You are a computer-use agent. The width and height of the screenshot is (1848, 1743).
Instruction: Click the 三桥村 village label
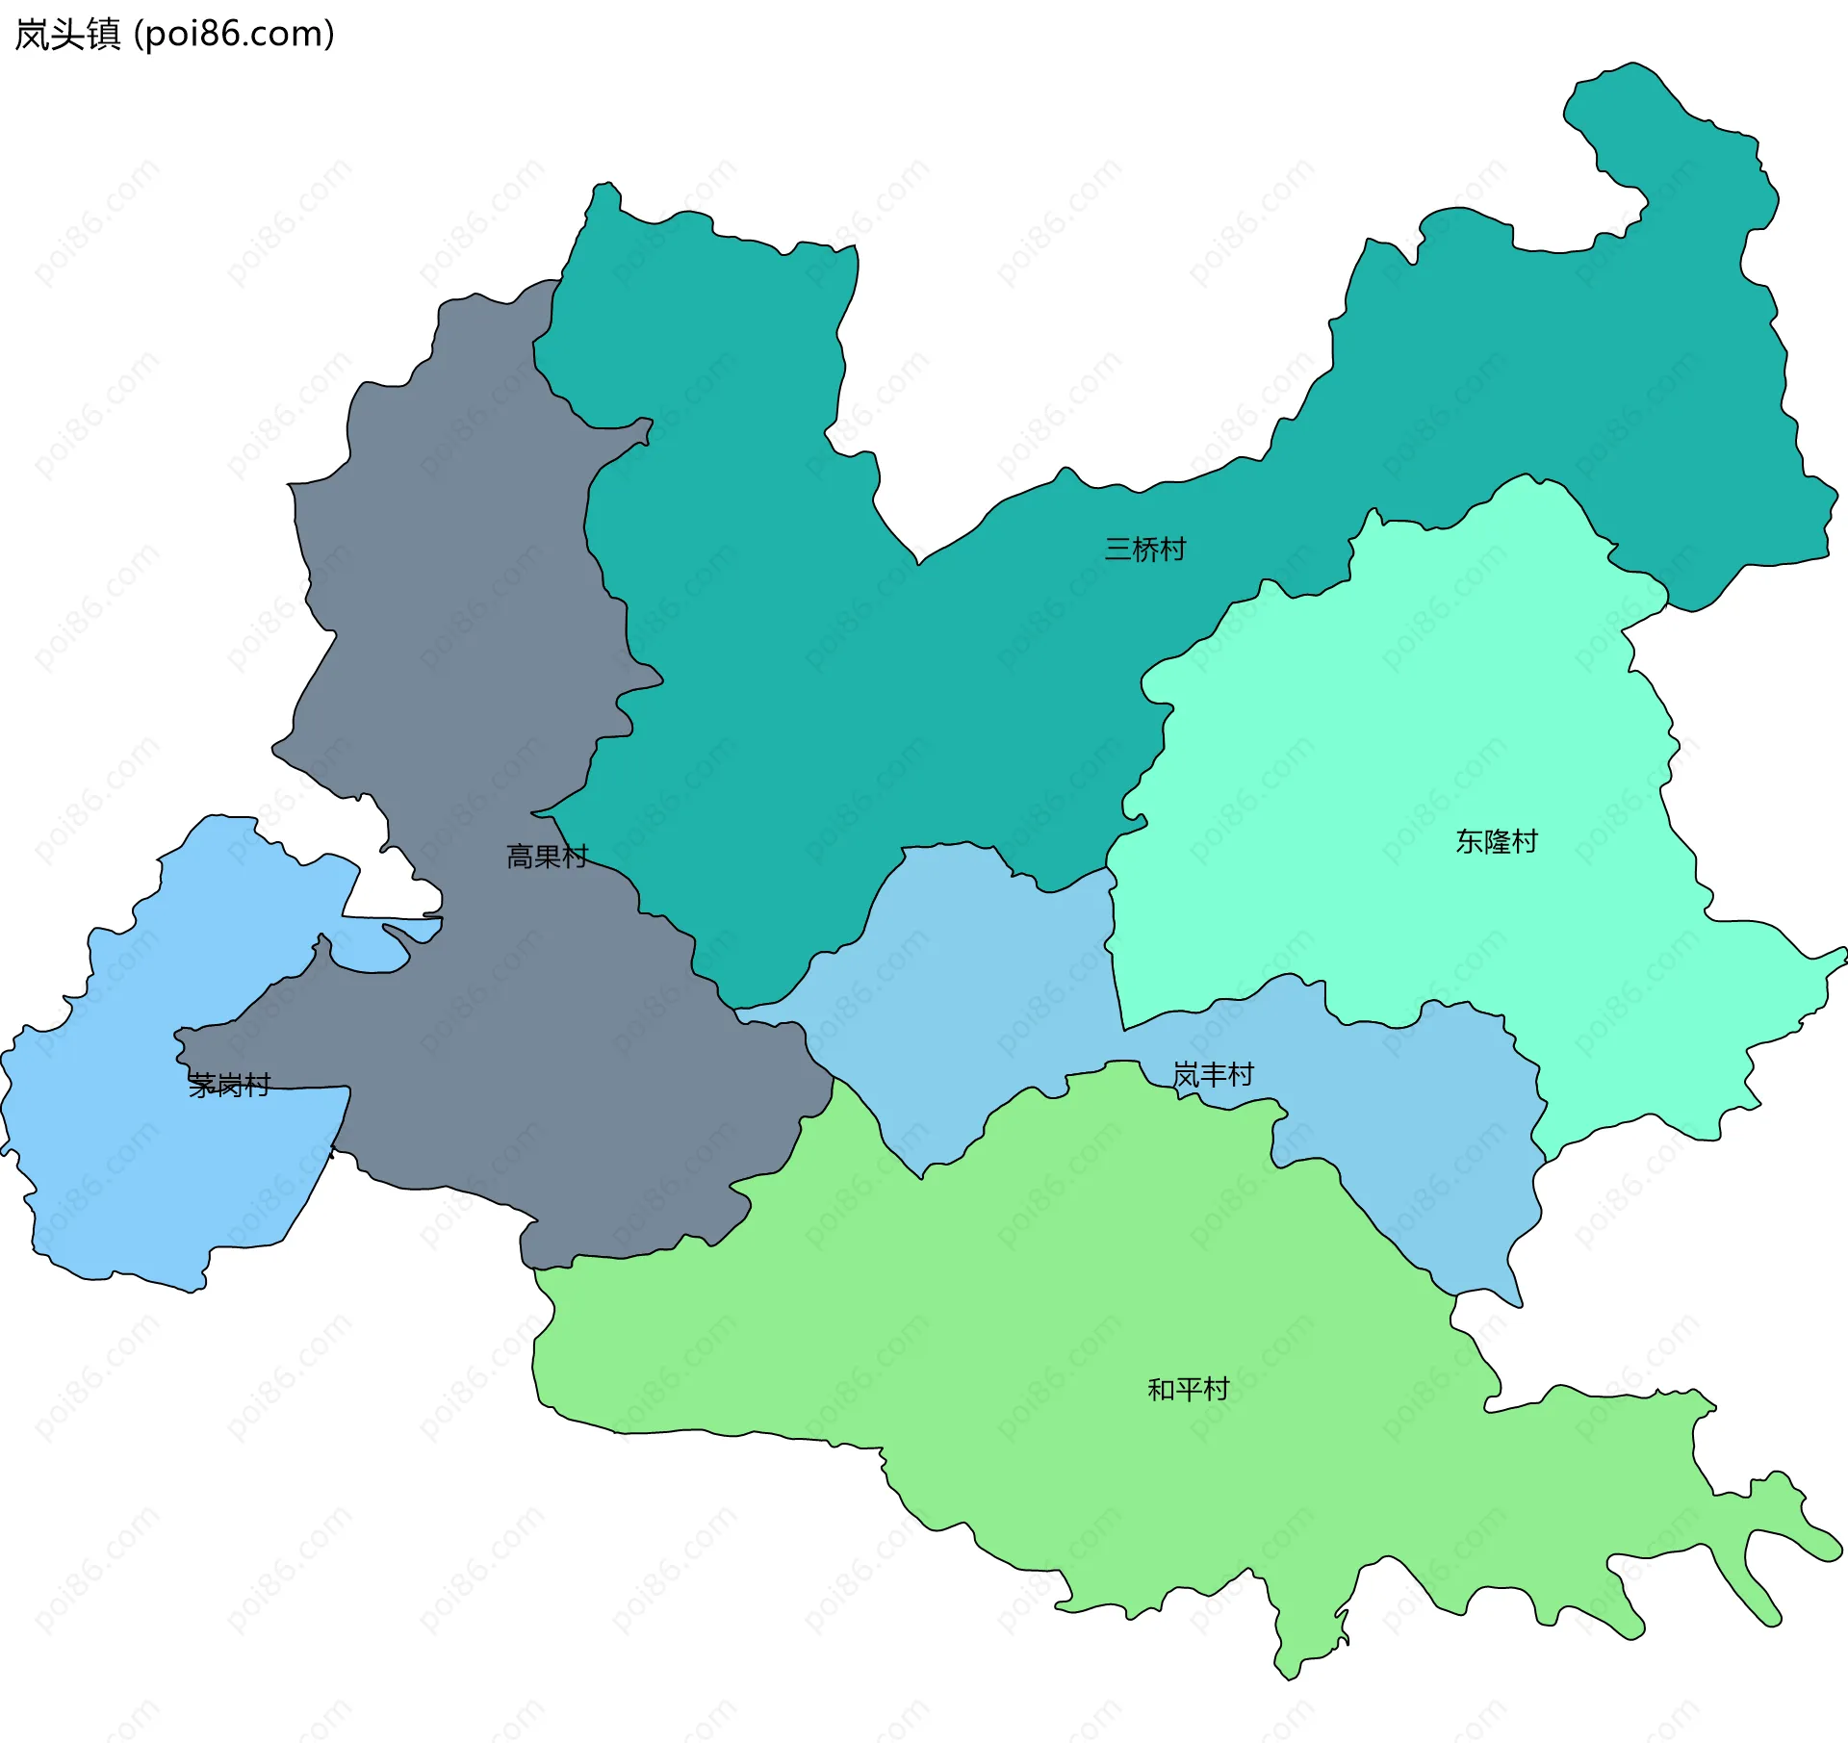click(1144, 550)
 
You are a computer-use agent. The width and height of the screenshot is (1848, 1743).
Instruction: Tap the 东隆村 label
click(1496, 842)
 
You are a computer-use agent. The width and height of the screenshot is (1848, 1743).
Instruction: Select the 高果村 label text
click(547, 857)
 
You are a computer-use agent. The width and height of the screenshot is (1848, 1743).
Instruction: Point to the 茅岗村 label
click(229, 1086)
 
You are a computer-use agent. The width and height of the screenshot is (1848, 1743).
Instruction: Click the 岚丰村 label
click(1213, 1075)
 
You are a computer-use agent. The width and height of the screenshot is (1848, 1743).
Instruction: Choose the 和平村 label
click(1188, 1390)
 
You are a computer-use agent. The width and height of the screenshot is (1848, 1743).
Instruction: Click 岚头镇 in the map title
click(67, 35)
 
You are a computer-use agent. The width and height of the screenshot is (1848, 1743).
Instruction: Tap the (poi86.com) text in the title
click(234, 35)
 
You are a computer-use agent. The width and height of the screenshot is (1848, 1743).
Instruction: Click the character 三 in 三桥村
click(1117, 550)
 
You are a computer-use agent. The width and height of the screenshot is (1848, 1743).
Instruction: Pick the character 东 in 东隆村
click(1469, 842)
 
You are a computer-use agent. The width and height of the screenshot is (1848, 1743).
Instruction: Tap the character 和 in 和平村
click(1161, 1390)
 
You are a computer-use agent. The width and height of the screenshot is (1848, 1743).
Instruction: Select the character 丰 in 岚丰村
click(1213, 1075)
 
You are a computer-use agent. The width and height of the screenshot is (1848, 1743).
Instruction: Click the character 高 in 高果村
click(520, 857)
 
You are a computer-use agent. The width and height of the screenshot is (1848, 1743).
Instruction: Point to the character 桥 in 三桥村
click(1144, 550)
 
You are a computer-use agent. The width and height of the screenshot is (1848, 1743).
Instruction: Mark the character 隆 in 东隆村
click(1496, 842)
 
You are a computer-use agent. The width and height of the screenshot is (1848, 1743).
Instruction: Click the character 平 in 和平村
click(1188, 1390)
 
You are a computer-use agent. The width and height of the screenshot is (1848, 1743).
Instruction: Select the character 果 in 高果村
click(547, 857)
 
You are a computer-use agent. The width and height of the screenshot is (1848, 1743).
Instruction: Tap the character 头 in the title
click(67, 35)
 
